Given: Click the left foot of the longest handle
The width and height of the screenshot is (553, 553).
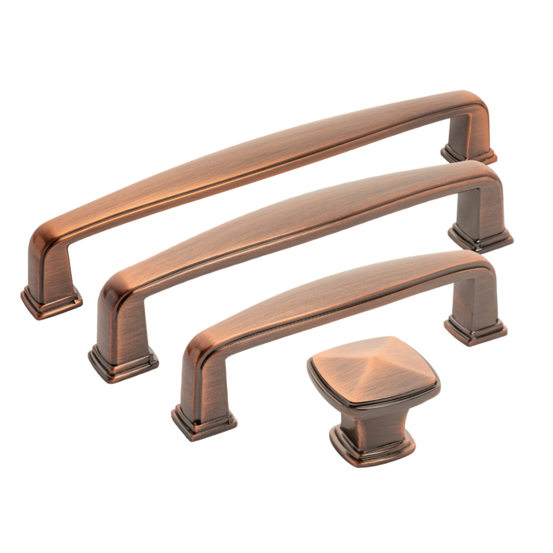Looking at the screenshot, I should [51, 302].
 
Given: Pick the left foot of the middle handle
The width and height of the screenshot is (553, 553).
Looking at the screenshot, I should [123, 364].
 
